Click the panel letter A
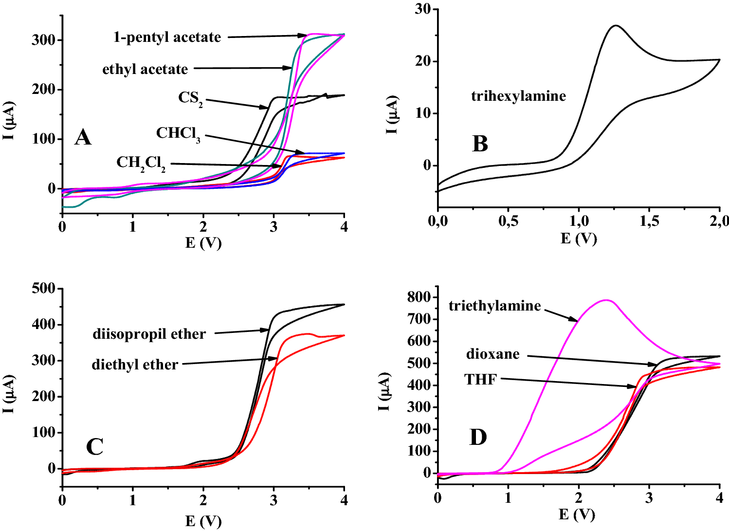point(83,138)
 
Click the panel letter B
point(480,144)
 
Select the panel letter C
point(94,447)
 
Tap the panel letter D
point(478,438)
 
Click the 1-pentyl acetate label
point(167,37)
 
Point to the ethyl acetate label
point(145,70)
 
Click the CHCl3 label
point(178,133)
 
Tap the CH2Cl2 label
point(141,163)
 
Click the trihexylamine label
point(518,96)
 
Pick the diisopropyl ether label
point(149,334)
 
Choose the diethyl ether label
point(135,365)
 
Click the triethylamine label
point(494,306)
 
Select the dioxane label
point(492,354)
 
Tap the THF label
point(480,380)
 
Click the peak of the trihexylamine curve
point(616,25)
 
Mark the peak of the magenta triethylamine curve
point(606,300)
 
